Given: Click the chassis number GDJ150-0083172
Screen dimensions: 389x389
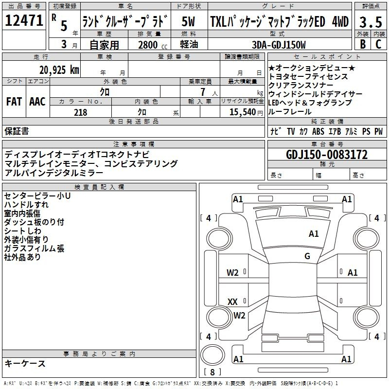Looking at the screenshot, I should [x=327, y=155].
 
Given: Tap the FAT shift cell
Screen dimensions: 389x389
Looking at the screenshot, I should [x=14, y=101].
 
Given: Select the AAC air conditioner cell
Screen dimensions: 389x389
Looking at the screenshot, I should [x=37, y=101].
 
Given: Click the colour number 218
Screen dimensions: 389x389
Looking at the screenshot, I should [x=80, y=112].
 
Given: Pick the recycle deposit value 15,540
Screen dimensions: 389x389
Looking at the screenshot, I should [x=242, y=112].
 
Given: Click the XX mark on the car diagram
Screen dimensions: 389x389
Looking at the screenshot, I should [x=232, y=301].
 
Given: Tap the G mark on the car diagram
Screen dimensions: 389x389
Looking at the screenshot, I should [x=307, y=256].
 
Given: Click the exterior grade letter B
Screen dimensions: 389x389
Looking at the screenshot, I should [x=362, y=45].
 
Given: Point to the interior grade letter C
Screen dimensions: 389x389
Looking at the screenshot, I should [x=378, y=45].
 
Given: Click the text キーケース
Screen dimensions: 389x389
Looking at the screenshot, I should [x=25, y=363].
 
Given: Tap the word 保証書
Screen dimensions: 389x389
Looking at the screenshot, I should [x=17, y=131].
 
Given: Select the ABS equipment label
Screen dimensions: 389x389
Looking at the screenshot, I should [x=318, y=131].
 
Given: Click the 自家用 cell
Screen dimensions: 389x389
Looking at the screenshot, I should [x=104, y=45].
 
